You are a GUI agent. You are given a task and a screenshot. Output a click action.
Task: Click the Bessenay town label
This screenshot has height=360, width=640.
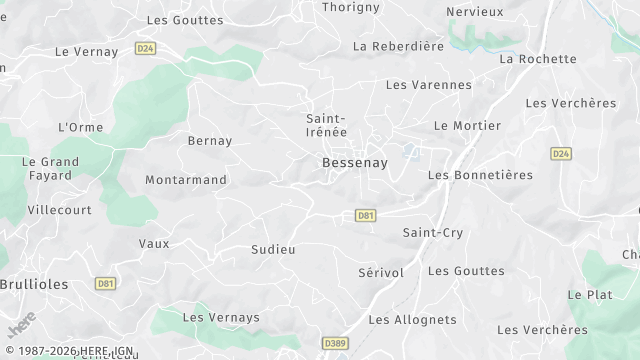tap(355, 163)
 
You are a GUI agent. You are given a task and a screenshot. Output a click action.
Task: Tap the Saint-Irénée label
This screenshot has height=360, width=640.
tap(327, 126)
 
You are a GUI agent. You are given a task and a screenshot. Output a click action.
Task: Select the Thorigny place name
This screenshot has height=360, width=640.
tap(352, 7)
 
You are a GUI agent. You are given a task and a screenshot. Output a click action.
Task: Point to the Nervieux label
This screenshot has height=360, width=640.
tap(474, 11)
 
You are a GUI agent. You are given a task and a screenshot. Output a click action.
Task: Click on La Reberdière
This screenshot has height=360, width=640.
tap(398, 46)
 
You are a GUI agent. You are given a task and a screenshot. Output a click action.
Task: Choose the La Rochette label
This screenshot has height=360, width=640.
tap(538, 59)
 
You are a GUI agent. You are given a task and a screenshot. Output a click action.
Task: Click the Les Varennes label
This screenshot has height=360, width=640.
tap(428, 85)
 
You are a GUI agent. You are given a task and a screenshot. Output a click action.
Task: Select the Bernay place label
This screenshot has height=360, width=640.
tap(210, 141)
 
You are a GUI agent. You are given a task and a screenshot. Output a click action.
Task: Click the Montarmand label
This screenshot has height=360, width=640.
tap(186, 180)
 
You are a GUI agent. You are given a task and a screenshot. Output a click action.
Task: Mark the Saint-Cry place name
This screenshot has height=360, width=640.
tap(433, 233)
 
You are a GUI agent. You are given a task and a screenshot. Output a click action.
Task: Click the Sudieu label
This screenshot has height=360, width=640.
tap(274, 249)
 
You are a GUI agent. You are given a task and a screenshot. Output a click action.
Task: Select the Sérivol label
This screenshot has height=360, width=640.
tap(381, 273)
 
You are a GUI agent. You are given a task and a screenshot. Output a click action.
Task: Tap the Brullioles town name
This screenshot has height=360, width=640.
tap(34, 284)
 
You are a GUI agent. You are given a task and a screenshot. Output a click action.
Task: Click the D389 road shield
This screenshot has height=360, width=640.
tap(335, 343)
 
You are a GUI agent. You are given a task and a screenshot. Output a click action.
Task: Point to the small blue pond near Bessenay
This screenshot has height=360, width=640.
tap(410, 151)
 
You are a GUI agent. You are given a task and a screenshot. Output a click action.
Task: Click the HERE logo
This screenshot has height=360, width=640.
tap(20, 326)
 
